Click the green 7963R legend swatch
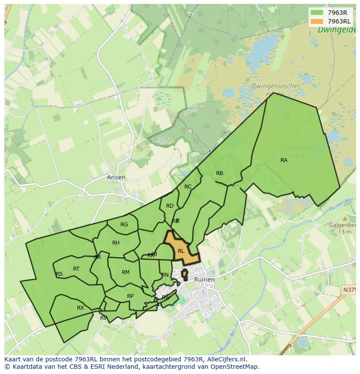coord(317,13)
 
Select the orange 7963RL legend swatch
coord(317,21)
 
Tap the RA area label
coord(284,160)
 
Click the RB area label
coord(220,173)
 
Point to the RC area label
coord(188,187)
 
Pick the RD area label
coord(170,206)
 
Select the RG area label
coord(124,225)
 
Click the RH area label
coord(116,243)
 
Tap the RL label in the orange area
coord(181,251)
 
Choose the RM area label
coord(126,272)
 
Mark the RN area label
coord(165,275)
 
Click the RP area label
coord(130,296)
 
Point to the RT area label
coord(76,269)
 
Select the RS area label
coord(59,274)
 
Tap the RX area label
coord(80,308)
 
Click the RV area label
coord(103,318)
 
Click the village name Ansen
coord(116,177)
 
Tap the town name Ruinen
coord(204,279)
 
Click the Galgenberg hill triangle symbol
coord(345,219)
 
